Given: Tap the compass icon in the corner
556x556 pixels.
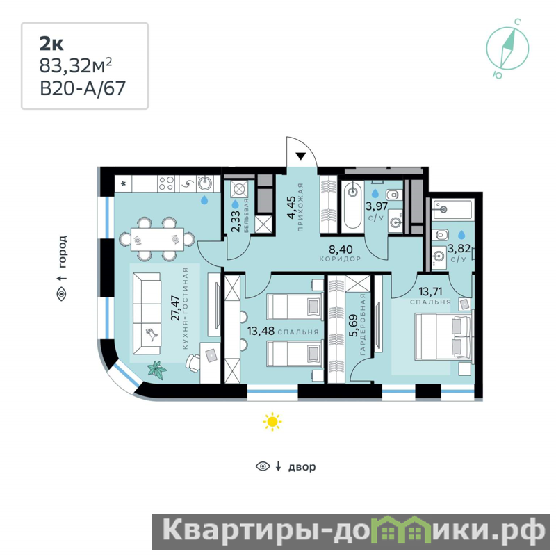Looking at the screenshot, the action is (507, 49).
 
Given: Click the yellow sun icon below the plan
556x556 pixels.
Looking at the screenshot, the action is (272, 422).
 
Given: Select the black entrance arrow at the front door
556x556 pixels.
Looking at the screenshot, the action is (301, 156).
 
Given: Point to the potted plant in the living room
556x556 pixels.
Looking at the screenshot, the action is (157, 370).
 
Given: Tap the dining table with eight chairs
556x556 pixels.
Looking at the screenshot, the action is (157, 239).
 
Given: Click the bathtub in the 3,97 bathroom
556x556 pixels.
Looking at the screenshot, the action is (352, 205).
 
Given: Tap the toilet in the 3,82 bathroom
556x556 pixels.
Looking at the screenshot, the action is (440, 235).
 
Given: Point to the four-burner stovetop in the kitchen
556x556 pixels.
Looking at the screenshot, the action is (166, 183).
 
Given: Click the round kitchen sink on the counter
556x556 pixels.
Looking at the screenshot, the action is (204, 183).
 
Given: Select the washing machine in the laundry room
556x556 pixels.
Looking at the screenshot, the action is (238, 188).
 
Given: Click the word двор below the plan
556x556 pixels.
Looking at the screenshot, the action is (302, 466).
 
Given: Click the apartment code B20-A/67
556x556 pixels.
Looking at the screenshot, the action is (83, 88).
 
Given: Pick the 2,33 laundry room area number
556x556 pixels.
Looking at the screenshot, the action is (235, 221).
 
